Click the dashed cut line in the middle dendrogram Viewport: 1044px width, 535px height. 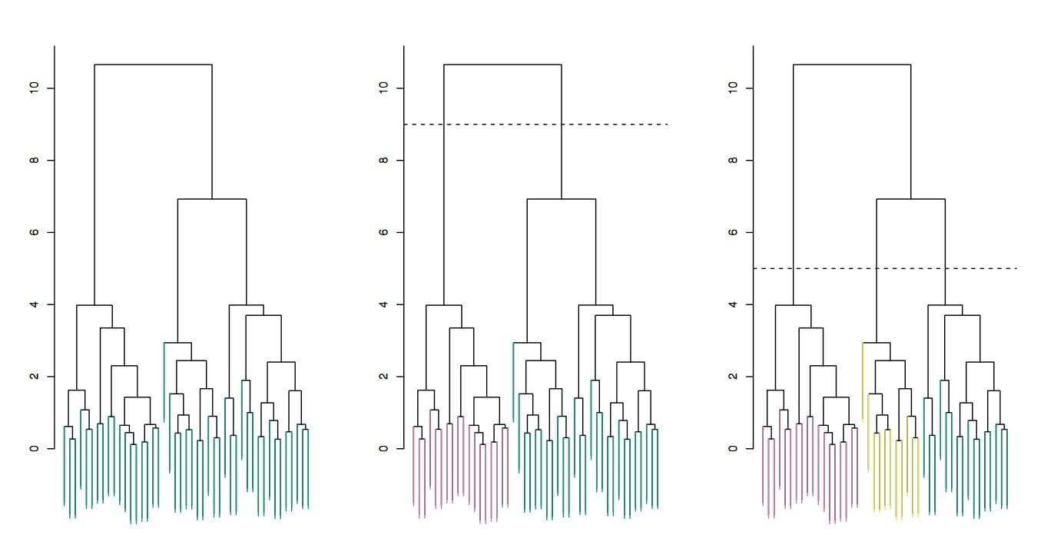(x=615, y=125)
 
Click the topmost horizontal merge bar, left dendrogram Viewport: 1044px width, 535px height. (x=153, y=65)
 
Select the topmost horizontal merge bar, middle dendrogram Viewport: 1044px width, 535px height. (x=502, y=65)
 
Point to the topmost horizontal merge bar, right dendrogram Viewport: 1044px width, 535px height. (x=852, y=65)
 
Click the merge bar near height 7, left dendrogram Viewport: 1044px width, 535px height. (x=212, y=199)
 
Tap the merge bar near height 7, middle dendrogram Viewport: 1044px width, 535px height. (x=562, y=199)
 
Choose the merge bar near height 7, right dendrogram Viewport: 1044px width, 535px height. (x=911, y=199)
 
